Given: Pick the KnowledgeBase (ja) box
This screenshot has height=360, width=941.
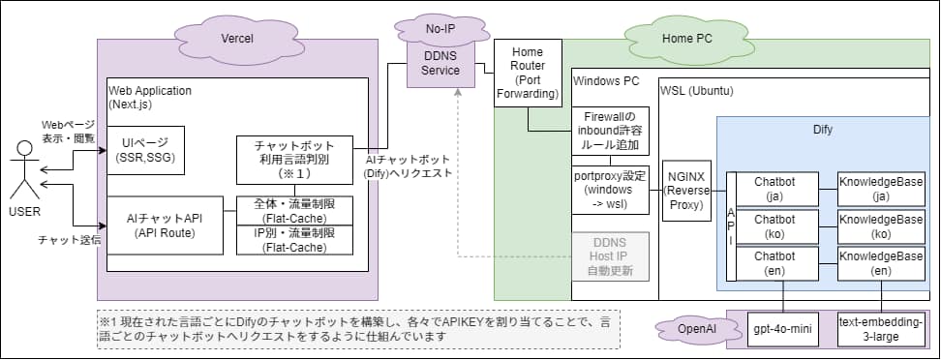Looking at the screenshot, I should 880,189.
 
